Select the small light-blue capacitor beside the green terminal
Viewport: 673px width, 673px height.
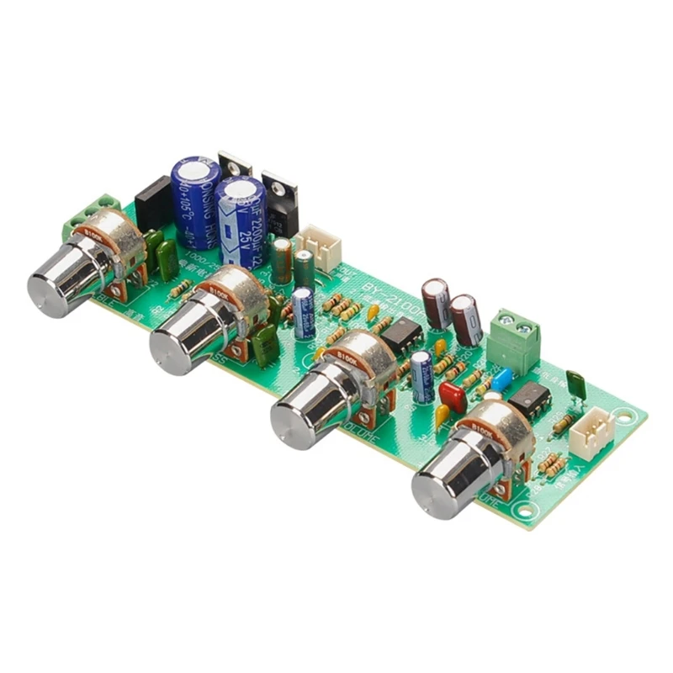pos(502,381)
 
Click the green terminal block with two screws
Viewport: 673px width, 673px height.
pos(515,337)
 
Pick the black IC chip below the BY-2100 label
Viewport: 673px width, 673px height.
pos(400,334)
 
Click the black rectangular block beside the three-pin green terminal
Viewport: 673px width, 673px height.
pos(152,204)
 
